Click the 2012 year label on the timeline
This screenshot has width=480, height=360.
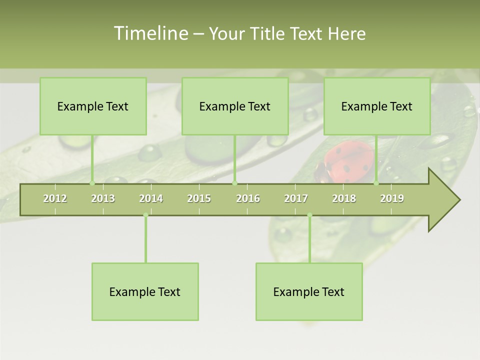pyautogui.click(x=55, y=198)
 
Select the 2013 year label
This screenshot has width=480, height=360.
pyautogui.click(x=103, y=198)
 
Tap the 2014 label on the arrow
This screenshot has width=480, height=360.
pyautogui.click(x=151, y=198)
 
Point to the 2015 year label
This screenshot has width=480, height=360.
pyautogui.click(x=199, y=198)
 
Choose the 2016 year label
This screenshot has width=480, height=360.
pyautogui.click(x=248, y=198)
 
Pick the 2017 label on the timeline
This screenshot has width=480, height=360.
pyautogui.click(x=296, y=198)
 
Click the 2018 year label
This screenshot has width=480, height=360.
pyautogui.click(x=344, y=198)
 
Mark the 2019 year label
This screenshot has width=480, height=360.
pyautogui.click(x=392, y=198)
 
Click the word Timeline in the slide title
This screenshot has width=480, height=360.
pyautogui.click(x=149, y=33)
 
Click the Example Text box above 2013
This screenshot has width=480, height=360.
pyautogui.click(x=93, y=106)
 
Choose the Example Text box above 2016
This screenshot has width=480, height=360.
pyautogui.click(x=235, y=106)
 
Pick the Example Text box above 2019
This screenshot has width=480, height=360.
pyautogui.click(x=377, y=106)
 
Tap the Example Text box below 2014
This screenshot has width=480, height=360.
pyautogui.click(x=145, y=291)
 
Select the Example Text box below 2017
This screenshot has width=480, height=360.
pyautogui.click(x=309, y=291)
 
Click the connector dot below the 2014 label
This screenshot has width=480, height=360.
pyautogui.click(x=145, y=215)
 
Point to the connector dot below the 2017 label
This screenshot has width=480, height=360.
pyautogui.click(x=309, y=215)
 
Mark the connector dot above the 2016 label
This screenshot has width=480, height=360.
pyautogui.click(x=234, y=183)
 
